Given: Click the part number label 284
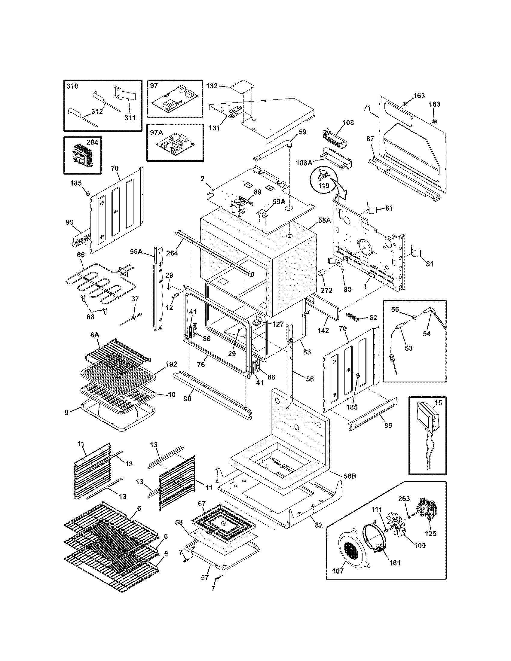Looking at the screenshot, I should click(x=92, y=142).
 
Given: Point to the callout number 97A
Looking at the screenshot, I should click(x=156, y=132).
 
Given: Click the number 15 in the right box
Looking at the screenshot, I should click(x=438, y=403).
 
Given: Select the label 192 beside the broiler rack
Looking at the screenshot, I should click(x=171, y=364).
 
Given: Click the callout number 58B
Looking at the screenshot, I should click(x=350, y=476).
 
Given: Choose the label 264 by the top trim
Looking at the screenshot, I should click(x=172, y=252).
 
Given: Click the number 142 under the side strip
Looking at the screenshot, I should click(x=323, y=330).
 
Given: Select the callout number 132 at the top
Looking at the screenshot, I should click(x=212, y=86).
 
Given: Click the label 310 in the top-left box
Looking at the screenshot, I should click(x=72, y=86).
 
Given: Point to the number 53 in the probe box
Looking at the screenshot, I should click(x=408, y=348).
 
